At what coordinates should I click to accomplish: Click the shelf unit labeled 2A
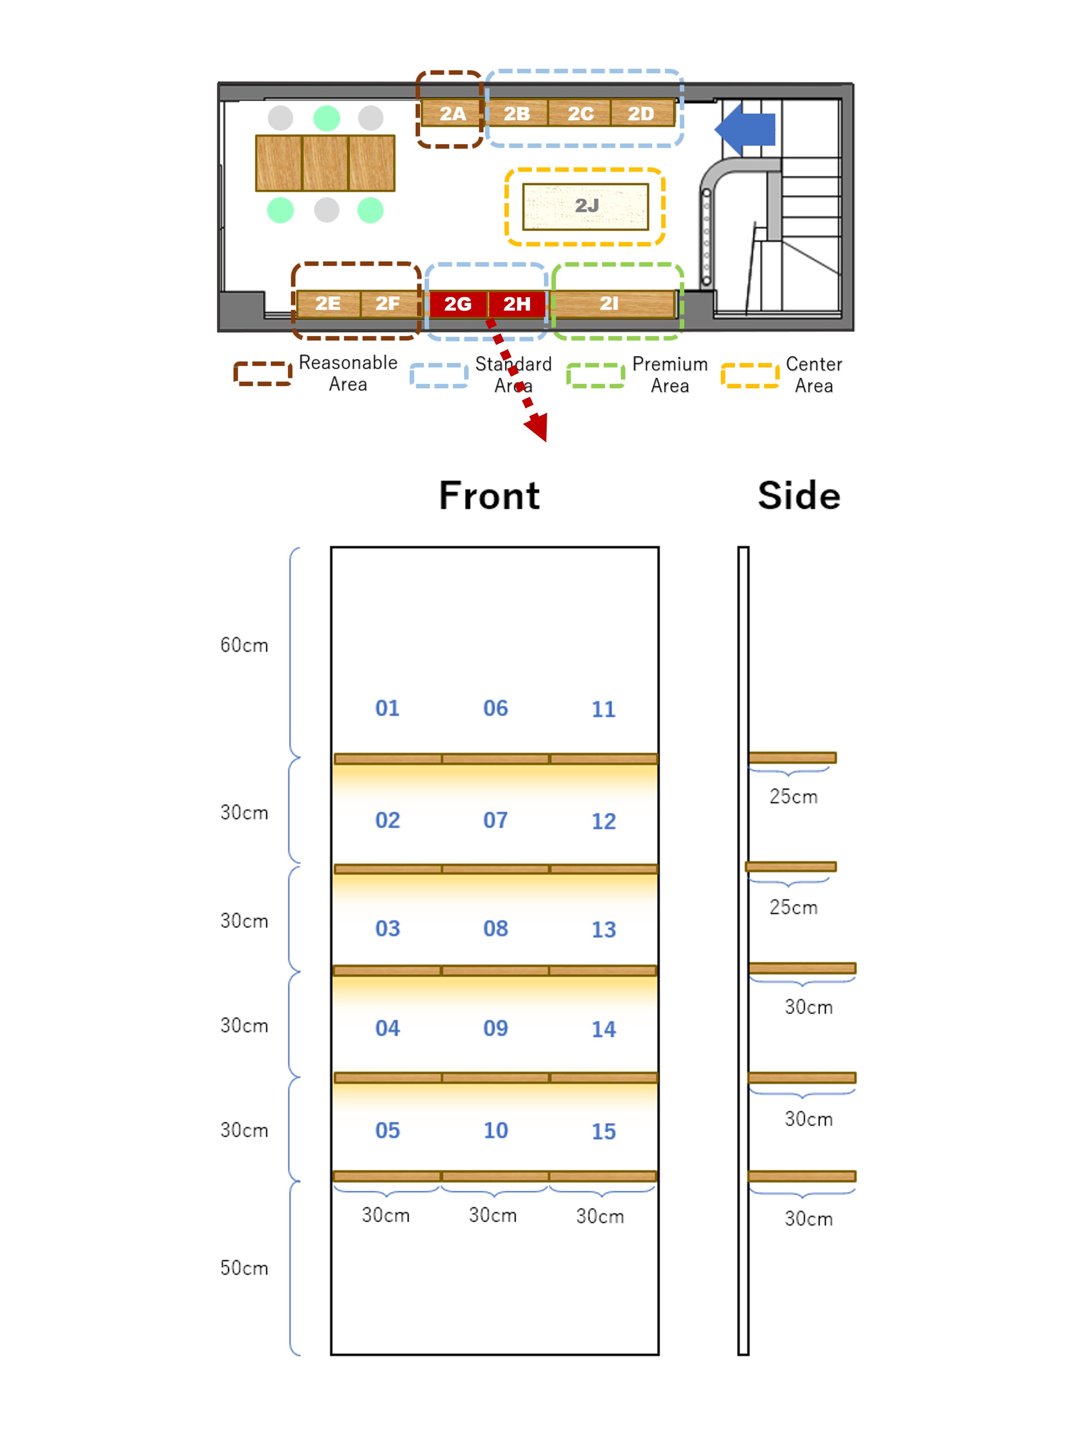click(452, 113)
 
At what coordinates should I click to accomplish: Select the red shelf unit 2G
click(457, 304)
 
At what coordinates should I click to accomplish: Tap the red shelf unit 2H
click(517, 304)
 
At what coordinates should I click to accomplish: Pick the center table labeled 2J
click(585, 206)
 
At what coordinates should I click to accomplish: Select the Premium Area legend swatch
click(595, 375)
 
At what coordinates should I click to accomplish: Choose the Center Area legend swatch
click(750, 375)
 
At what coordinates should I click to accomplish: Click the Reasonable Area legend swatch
click(263, 374)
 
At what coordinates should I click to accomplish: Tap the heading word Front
click(489, 495)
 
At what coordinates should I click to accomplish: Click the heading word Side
click(799, 495)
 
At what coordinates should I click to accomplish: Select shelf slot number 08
click(496, 929)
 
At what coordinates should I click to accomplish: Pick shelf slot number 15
click(604, 1132)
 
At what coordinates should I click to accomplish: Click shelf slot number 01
click(387, 708)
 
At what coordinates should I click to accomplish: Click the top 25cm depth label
click(793, 797)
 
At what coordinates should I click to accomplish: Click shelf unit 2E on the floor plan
click(328, 304)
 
